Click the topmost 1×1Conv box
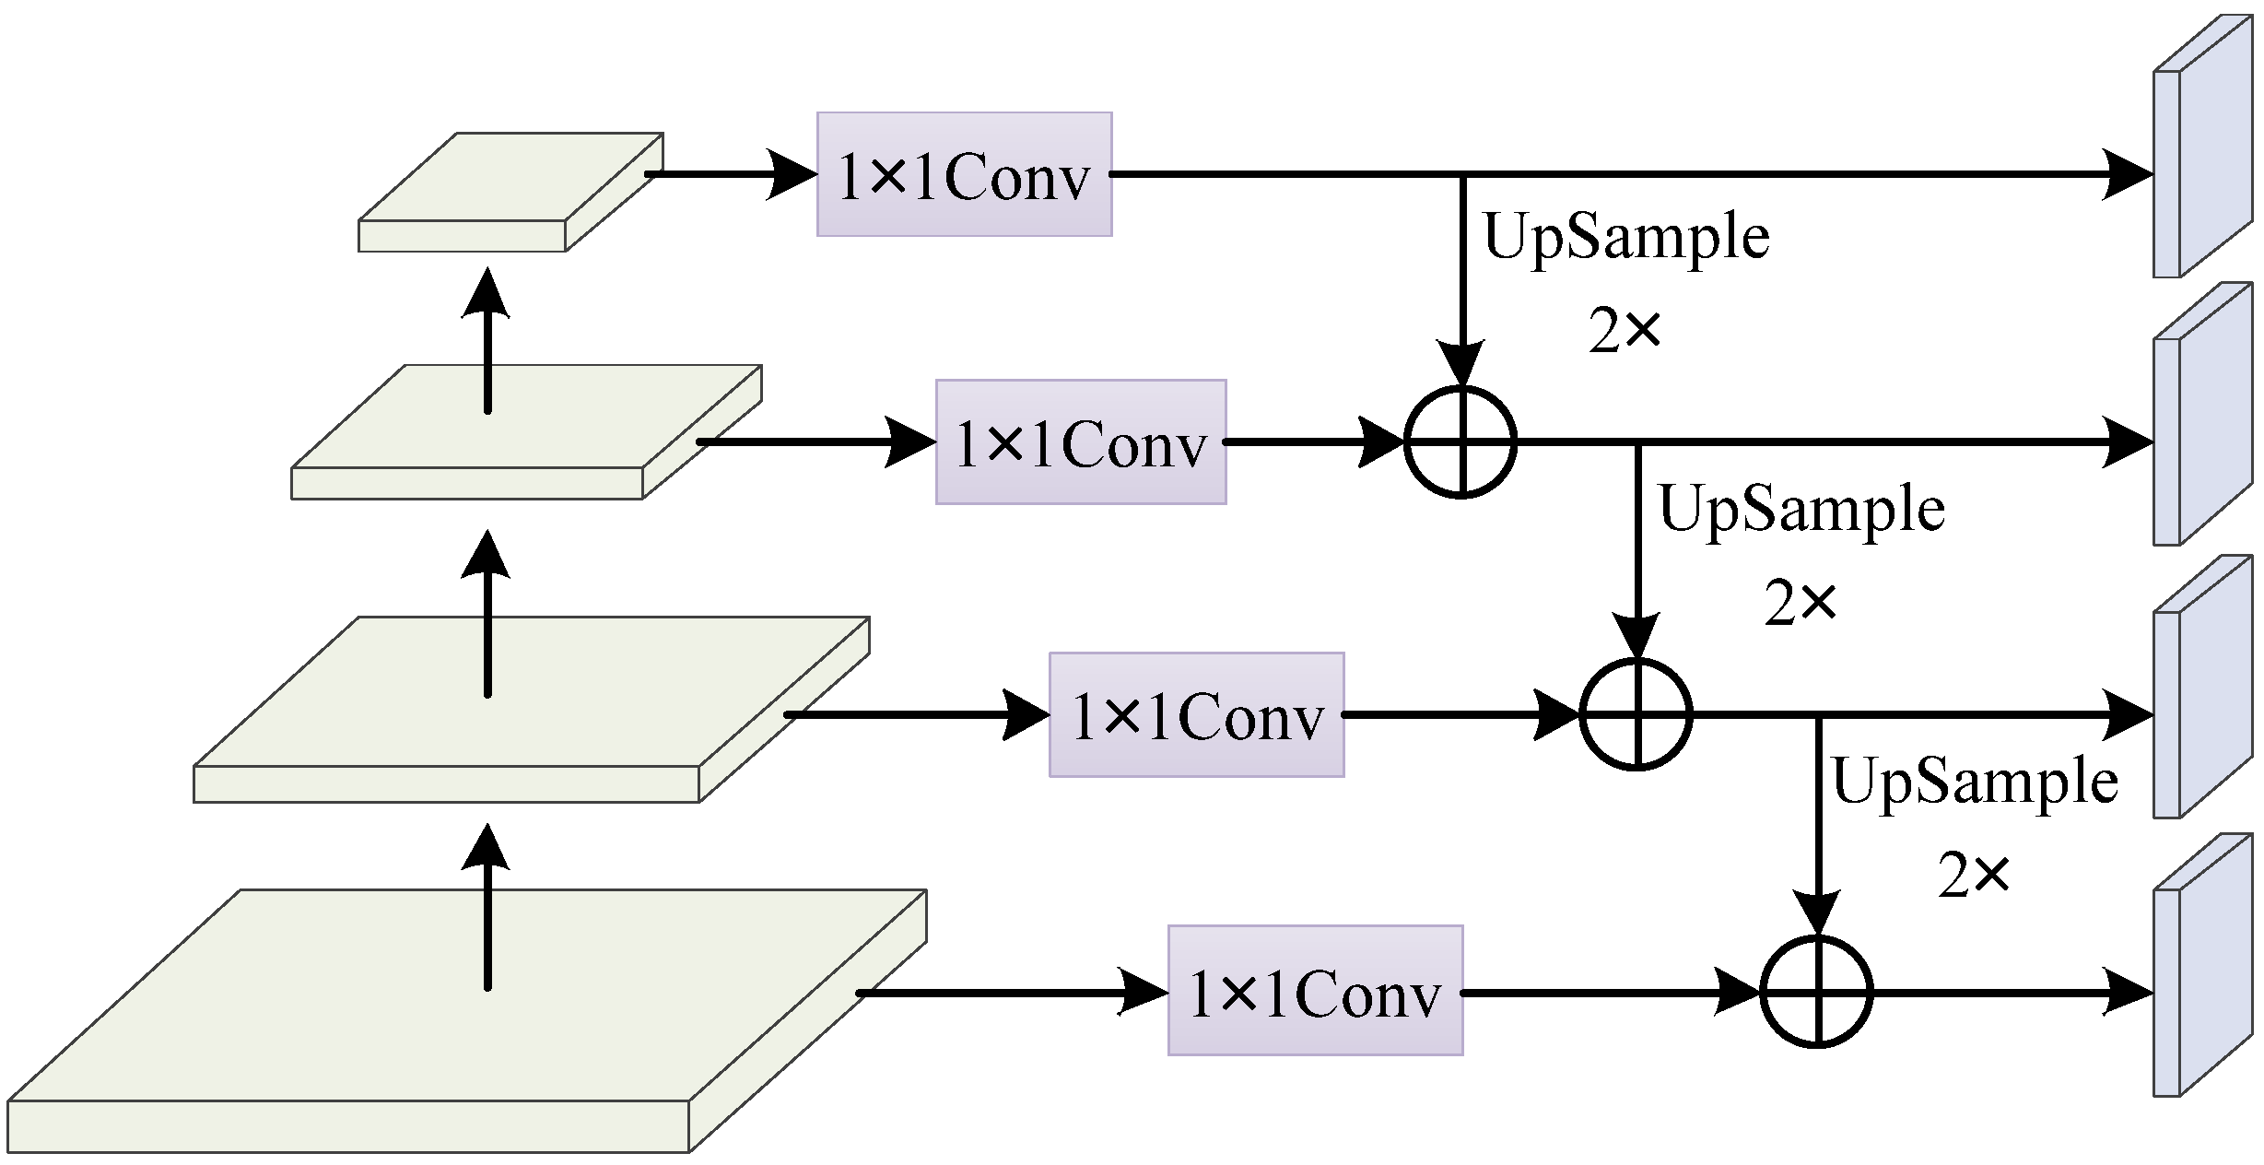click(x=964, y=174)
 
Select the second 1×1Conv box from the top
click(x=1081, y=441)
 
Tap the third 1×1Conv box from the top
click(x=1196, y=714)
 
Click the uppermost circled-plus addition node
click(x=1460, y=441)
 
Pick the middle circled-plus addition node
click(x=1636, y=714)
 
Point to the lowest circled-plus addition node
click(x=1816, y=994)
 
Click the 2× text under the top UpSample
click(x=1625, y=332)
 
